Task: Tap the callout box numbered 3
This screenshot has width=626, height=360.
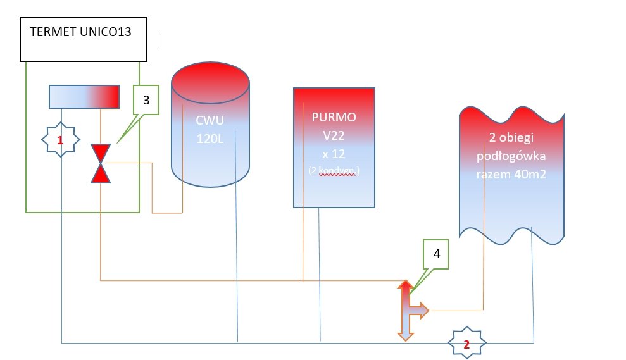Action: tap(146, 99)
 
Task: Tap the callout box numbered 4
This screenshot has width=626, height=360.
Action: tap(436, 254)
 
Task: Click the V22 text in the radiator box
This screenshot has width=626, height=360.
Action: tap(334, 134)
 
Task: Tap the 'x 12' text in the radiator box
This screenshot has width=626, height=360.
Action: tap(334, 152)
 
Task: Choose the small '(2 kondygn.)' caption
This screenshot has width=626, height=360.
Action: tap(334, 170)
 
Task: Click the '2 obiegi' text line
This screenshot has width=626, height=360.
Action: tap(510, 139)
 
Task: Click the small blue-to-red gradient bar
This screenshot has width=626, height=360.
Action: tap(84, 96)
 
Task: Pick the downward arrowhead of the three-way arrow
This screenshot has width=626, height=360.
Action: tap(405, 335)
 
